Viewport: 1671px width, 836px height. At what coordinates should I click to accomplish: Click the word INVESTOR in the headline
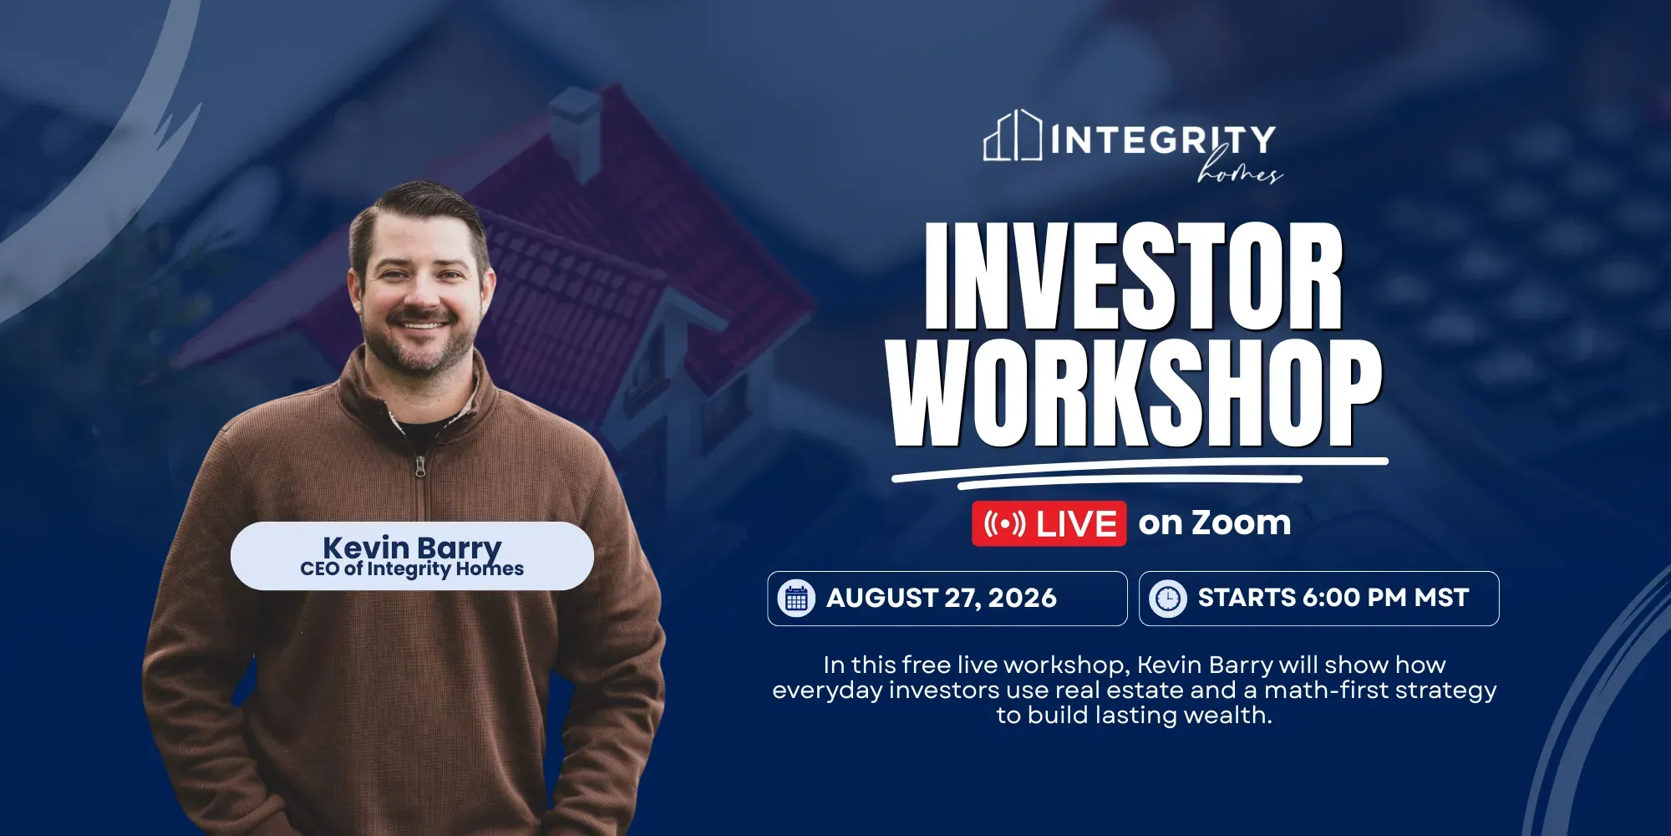click(x=1134, y=276)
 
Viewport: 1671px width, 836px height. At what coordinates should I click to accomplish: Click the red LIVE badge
click(x=1049, y=524)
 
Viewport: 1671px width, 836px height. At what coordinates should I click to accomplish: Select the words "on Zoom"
click(x=1215, y=523)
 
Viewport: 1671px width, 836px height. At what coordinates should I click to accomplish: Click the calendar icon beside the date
click(x=796, y=599)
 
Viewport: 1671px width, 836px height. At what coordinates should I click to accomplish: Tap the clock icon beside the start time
click(x=1168, y=599)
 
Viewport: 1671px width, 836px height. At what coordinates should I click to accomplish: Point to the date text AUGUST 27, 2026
click(x=942, y=599)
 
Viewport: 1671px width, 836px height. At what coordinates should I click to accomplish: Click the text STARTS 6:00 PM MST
click(x=1333, y=598)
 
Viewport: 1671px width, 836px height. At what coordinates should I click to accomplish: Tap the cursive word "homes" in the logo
click(x=1239, y=168)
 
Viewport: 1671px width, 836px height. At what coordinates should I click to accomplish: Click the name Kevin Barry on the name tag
click(x=412, y=548)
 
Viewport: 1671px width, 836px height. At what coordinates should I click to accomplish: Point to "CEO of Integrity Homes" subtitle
click(x=412, y=569)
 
